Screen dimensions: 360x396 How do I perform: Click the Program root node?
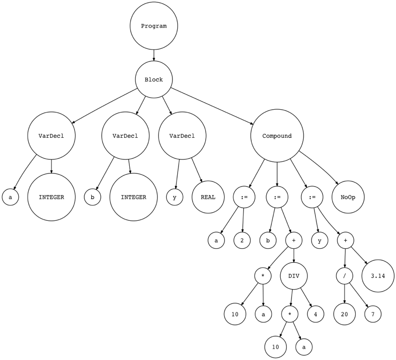[154, 26]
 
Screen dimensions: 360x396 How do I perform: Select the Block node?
[154, 80]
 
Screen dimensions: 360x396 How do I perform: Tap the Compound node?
[277, 136]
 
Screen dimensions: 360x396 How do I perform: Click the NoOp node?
[348, 197]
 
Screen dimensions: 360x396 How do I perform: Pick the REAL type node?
[208, 197]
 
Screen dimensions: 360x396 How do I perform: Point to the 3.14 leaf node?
[378, 276]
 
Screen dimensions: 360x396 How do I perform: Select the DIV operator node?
[294, 276]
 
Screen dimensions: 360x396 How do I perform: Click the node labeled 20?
[344, 314]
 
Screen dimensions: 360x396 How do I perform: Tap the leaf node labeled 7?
[373, 314]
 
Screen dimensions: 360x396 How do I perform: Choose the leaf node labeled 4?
[316, 314]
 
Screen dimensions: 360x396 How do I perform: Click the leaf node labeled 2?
[242, 240]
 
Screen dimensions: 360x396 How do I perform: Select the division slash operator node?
[344, 276]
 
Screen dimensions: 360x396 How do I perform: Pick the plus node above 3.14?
[345, 240]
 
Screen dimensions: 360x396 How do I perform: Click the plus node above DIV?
[294, 240]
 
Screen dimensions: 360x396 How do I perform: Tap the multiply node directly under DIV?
[290, 314]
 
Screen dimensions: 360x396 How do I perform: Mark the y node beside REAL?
[174, 197]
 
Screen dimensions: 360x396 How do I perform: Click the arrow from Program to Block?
[154, 55]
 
